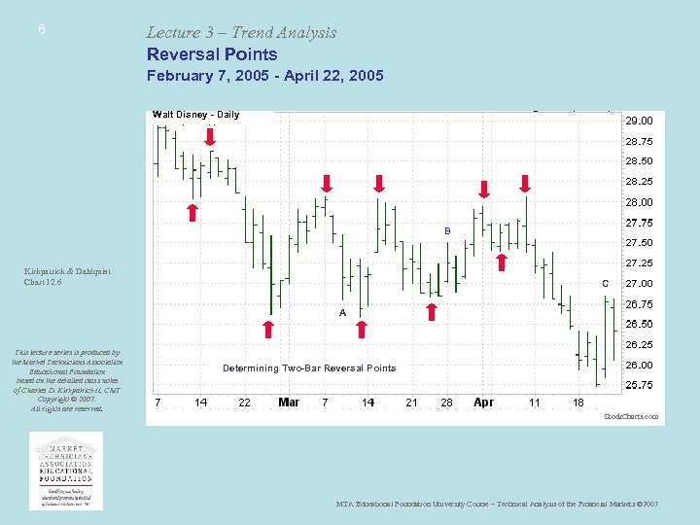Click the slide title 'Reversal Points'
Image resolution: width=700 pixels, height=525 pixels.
click(212, 54)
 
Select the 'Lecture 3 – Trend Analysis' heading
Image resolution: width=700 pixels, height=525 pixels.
click(241, 32)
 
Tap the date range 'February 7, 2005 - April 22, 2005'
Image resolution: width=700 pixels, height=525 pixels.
click(265, 76)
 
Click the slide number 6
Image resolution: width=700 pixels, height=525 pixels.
click(42, 30)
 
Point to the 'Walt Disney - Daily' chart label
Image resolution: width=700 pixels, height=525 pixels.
click(195, 115)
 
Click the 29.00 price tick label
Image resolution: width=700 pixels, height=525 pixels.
click(639, 121)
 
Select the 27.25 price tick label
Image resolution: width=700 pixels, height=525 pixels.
click(639, 263)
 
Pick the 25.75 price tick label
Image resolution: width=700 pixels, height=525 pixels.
click(639, 386)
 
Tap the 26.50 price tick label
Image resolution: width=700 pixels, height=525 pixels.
click(639, 325)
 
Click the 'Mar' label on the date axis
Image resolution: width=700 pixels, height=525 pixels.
click(289, 402)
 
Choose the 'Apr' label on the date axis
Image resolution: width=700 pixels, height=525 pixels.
click(483, 402)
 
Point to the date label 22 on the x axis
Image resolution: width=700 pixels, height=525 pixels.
click(244, 402)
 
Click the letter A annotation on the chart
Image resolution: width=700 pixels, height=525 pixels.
click(342, 313)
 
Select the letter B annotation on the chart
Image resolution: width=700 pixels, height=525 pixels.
click(447, 230)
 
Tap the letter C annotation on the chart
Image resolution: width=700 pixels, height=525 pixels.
click(606, 283)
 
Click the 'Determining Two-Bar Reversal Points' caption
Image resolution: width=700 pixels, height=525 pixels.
click(309, 368)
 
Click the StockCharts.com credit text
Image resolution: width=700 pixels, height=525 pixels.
click(631, 417)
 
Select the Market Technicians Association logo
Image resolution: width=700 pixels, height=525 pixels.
click(66, 471)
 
